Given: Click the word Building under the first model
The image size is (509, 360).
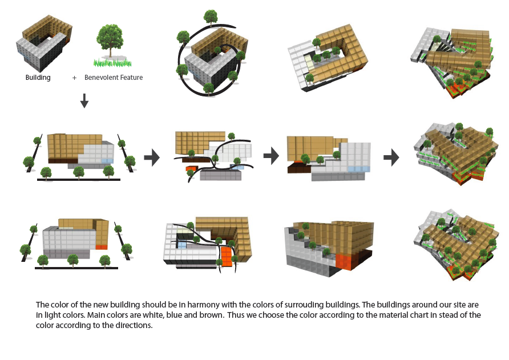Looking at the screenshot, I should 38,78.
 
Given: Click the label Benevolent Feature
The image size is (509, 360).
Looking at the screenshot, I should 114,78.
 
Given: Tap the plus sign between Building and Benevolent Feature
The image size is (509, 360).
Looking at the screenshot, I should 74,78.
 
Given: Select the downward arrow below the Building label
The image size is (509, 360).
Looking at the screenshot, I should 84,101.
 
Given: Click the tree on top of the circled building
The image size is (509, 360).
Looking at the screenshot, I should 211,17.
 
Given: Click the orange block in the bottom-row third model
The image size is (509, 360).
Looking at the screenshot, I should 344,261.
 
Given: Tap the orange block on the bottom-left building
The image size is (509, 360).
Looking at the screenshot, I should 102,246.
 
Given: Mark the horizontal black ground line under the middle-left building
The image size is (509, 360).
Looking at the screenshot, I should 78,180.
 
